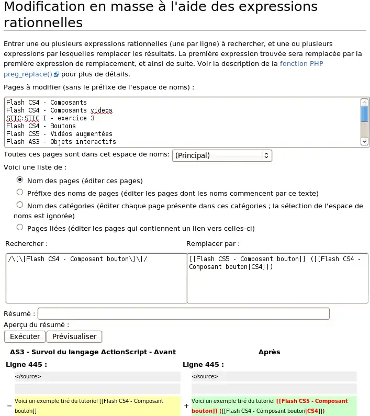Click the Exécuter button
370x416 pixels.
pyautogui.click(x=25, y=336)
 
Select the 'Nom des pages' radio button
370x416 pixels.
pyautogui.click(x=20, y=179)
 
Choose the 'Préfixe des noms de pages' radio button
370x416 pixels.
pyautogui.click(x=20, y=192)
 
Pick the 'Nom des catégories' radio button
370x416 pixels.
pyautogui.click(x=20, y=205)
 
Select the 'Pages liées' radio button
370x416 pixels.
pyautogui.click(x=20, y=227)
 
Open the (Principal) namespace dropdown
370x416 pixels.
pyautogui.click(x=222, y=155)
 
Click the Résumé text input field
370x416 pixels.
pyautogui.click(x=183, y=313)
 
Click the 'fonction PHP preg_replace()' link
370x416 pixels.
pyautogui.click(x=301, y=64)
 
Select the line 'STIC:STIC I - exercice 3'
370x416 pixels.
pyautogui.click(x=50, y=118)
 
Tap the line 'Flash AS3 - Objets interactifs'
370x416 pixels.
pyautogui.click(x=61, y=142)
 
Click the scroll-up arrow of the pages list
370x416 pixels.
pyautogui.click(x=365, y=103)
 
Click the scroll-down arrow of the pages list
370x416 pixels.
pyautogui.click(x=365, y=141)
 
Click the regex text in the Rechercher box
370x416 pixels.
pyautogui.click(x=78, y=259)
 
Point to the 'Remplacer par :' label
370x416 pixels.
pyautogui.click(x=213, y=244)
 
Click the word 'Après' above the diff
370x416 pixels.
pyautogui.click(x=269, y=352)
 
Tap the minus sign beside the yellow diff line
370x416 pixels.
pyautogui.click(x=9, y=406)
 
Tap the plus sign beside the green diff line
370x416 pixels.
pyautogui.click(x=186, y=406)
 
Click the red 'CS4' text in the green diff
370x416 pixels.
pyautogui.click(x=312, y=411)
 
